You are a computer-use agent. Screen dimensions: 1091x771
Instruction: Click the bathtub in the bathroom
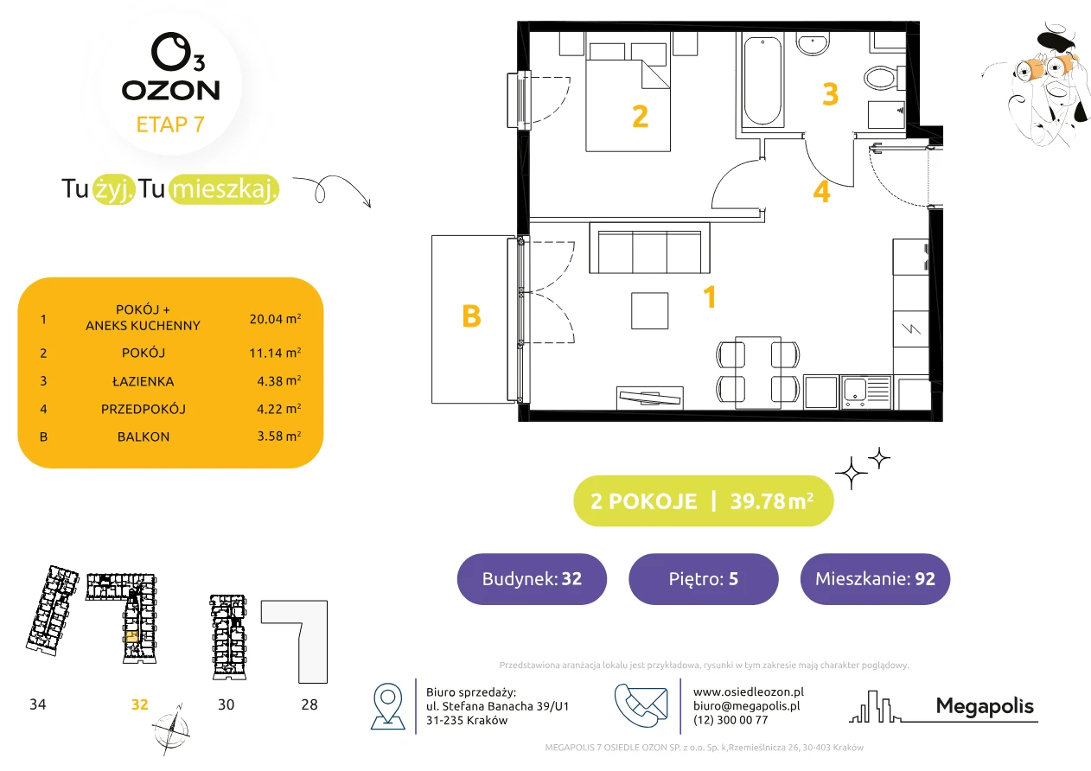pos(762,81)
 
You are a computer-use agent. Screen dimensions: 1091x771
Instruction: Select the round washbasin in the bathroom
pos(813,44)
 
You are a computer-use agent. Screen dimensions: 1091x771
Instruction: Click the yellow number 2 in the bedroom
pos(641,117)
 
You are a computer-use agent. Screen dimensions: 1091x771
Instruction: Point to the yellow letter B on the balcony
pos(471,316)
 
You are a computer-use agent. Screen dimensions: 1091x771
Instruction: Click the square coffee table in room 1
pos(650,311)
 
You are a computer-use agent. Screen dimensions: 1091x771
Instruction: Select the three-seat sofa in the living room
pos(650,248)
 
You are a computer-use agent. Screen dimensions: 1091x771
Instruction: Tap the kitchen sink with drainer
pos(865,392)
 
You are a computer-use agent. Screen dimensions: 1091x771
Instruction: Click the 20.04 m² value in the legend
pos(275,319)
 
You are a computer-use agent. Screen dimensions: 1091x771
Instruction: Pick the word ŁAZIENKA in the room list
pos(144,381)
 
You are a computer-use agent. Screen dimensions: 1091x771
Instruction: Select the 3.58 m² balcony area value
pos(279,436)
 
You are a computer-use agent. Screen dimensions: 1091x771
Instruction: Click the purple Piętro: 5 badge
pos(704,579)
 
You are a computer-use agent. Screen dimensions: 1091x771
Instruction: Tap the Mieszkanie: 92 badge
pos(875,579)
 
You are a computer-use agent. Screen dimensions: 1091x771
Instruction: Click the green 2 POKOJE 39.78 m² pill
pos(704,500)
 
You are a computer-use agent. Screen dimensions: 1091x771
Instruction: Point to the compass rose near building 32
pos(171,730)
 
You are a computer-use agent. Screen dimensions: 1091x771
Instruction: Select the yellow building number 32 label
pos(140,704)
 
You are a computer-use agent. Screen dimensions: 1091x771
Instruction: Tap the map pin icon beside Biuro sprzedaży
pos(387,705)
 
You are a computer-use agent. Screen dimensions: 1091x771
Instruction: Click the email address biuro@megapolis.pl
pos(747,706)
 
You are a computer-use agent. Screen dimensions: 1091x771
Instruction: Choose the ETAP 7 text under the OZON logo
pos(170,124)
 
